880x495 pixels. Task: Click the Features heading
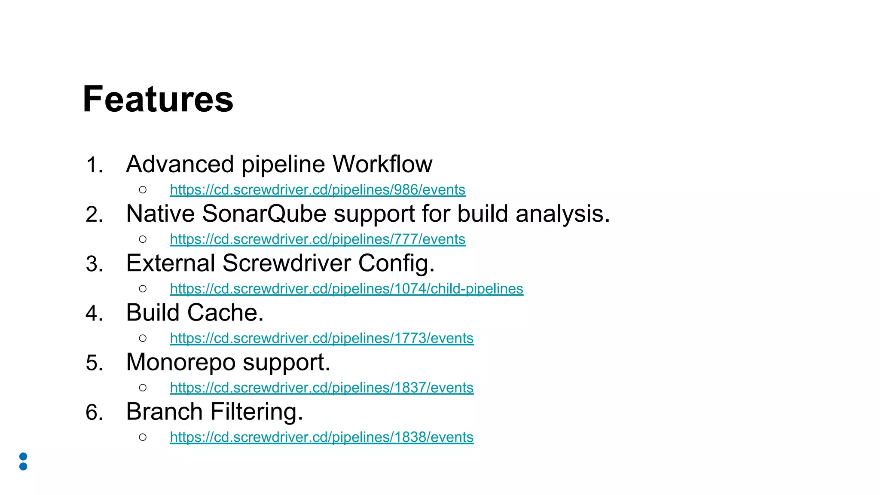pyautogui.click(x=158, y=100)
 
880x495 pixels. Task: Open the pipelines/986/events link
pyautogui.click(x=318, y=190)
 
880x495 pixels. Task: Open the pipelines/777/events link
pyautogui.click(x=318, y=239)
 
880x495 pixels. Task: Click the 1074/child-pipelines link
pyautogui.click(x=346, y=289)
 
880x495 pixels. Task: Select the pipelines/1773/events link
pyautogui.click(x=321, y=338)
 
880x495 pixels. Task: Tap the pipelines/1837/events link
pyautogui.click(x=321, y=388)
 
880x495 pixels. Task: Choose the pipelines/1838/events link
pyautogui.click(x=321, y=437)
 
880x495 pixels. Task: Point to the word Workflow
pyautogui.click(x=382, y=164)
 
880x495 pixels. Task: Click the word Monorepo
pyautogui.click(x=180, y=362)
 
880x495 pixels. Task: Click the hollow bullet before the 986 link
pyautogui.click(x=143, y=190)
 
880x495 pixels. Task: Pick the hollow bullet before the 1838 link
pyautogui.click(x=143, y=437)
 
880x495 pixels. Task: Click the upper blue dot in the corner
pyautogui.click(x=24, y=456)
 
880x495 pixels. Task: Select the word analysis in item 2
pyautogui.click(x=562, y=214)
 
